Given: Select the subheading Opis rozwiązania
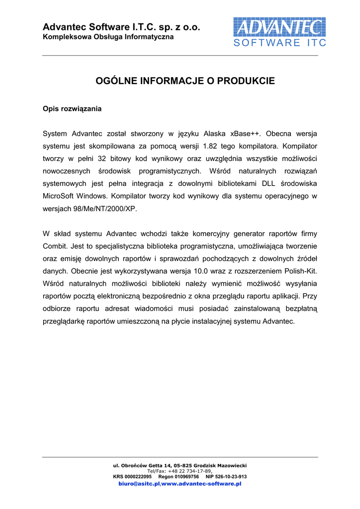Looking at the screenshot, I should tap(72, 108).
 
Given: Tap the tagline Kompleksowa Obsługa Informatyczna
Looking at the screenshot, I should tap(108, 37).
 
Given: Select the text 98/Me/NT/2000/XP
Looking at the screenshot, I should tap(104, 209).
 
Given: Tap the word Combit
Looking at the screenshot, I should tap(55, 246).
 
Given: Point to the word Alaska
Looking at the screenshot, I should tap(211, 134).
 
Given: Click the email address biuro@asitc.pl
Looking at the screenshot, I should tap(139, 484).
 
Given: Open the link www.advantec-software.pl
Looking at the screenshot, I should tap(201, 484).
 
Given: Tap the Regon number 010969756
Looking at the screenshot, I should tap(182, 477).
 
